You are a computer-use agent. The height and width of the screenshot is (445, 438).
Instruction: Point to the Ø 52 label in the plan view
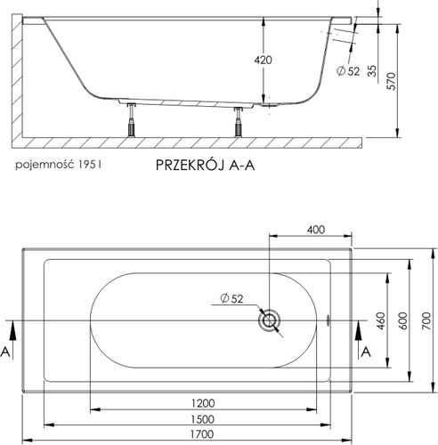pos(229,298)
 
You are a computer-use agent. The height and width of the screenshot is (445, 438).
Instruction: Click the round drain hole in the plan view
pos(268,320)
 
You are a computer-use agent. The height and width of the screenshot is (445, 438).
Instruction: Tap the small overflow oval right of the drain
pos(329,320)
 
